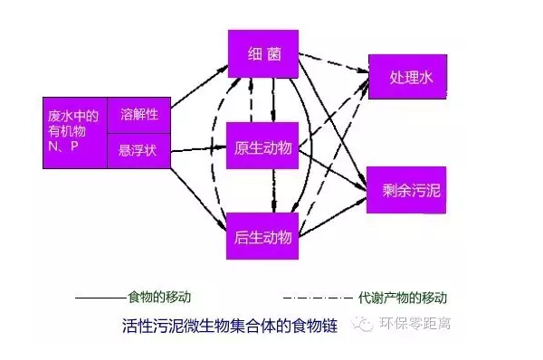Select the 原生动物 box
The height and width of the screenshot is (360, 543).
pyautogui.click(x=263, y=146)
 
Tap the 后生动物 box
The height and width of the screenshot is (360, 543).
pyautogui.click(x=263, y=237)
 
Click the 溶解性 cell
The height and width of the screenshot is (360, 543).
pyautogui.click(x=138, y=115)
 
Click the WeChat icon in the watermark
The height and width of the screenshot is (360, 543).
pyautogui.click(x=365, y=324)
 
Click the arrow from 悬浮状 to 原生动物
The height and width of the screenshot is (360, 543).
pyautogui.click(x=198, y=147)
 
